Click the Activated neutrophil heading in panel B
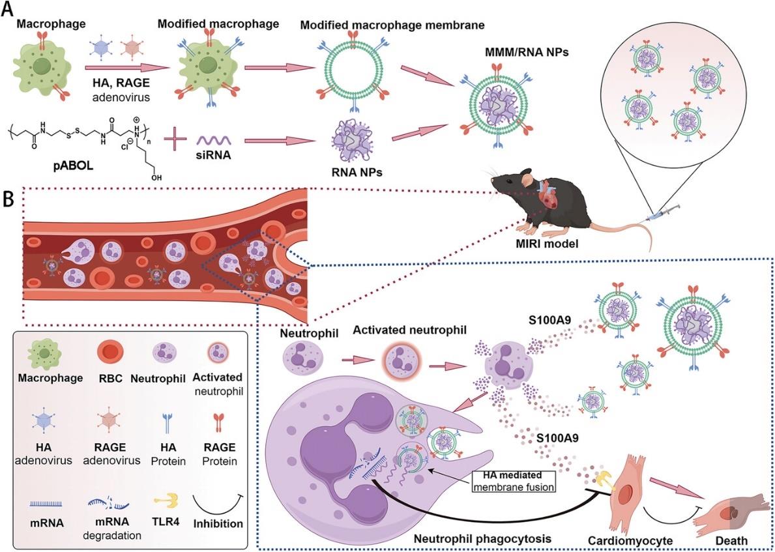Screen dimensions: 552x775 [409, 329]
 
